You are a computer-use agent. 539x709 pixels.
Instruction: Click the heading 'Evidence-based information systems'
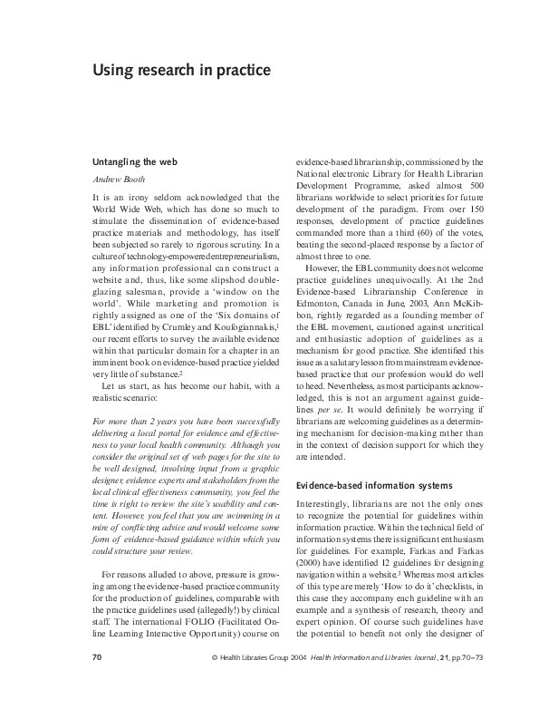(x=374, y=486)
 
